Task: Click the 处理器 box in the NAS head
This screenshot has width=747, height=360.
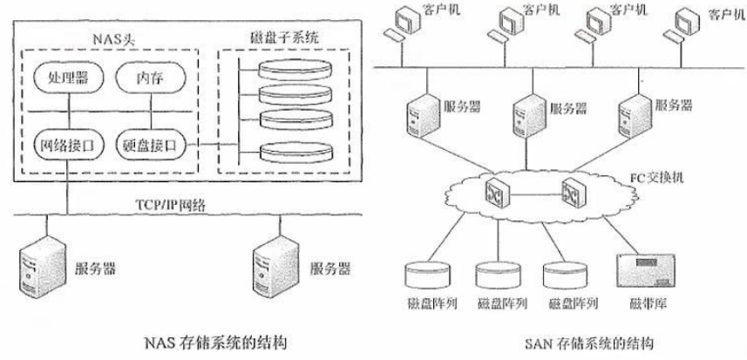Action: pos(68,78)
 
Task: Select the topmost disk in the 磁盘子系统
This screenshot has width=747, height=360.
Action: pos(284,68)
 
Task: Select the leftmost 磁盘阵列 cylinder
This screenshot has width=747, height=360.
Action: pos(427,275)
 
